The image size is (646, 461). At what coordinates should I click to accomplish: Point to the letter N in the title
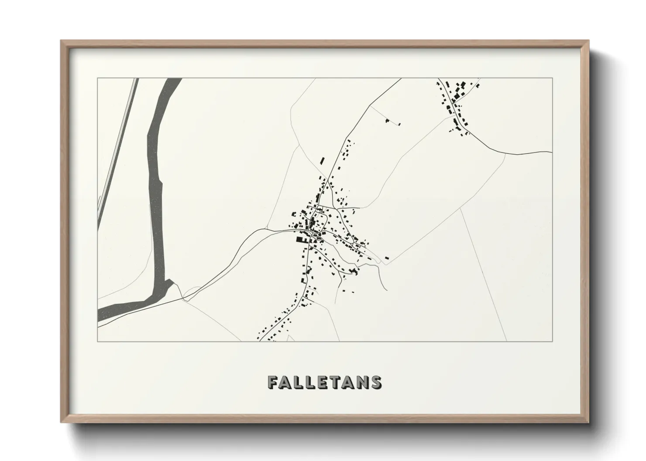tap(361, 382)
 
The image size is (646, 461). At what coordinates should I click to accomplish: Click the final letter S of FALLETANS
tap(375, 382)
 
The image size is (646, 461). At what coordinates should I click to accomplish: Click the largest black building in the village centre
tap(301, 239)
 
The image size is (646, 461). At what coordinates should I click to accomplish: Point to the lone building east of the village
tap(387, 258)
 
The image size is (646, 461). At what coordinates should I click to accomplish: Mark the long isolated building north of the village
tap(323, 160)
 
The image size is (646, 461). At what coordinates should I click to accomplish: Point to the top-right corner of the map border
tap(553, 78)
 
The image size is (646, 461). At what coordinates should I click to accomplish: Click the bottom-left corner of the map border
tap(97, 342)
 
